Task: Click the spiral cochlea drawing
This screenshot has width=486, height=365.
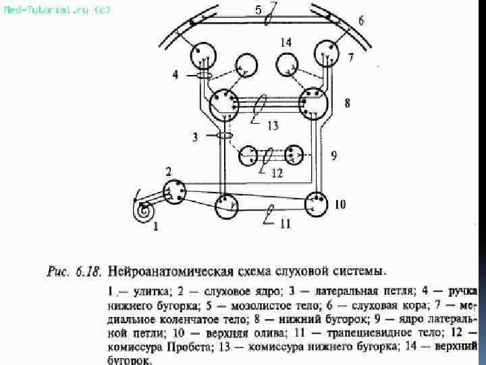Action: (143, 211)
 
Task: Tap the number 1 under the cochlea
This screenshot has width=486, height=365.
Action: (156, 227)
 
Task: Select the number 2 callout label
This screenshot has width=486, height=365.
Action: (169, 170)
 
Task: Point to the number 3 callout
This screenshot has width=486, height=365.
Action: (196, 137)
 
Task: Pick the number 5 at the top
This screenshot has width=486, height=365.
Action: (259, 9)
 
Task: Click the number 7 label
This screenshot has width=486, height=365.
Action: (351, 57)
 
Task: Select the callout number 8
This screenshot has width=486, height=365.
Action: (347, 103)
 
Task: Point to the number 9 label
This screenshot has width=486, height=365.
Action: (333, 155)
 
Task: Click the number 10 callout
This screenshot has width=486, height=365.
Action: (340, 204)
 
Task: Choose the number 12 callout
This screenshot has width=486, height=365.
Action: (277, 173)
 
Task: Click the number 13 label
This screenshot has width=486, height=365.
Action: (272, 125)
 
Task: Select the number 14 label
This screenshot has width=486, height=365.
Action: (286, 43)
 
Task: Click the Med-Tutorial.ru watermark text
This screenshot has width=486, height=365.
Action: (57, 9)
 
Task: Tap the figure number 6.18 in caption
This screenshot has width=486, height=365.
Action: (88, 272)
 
